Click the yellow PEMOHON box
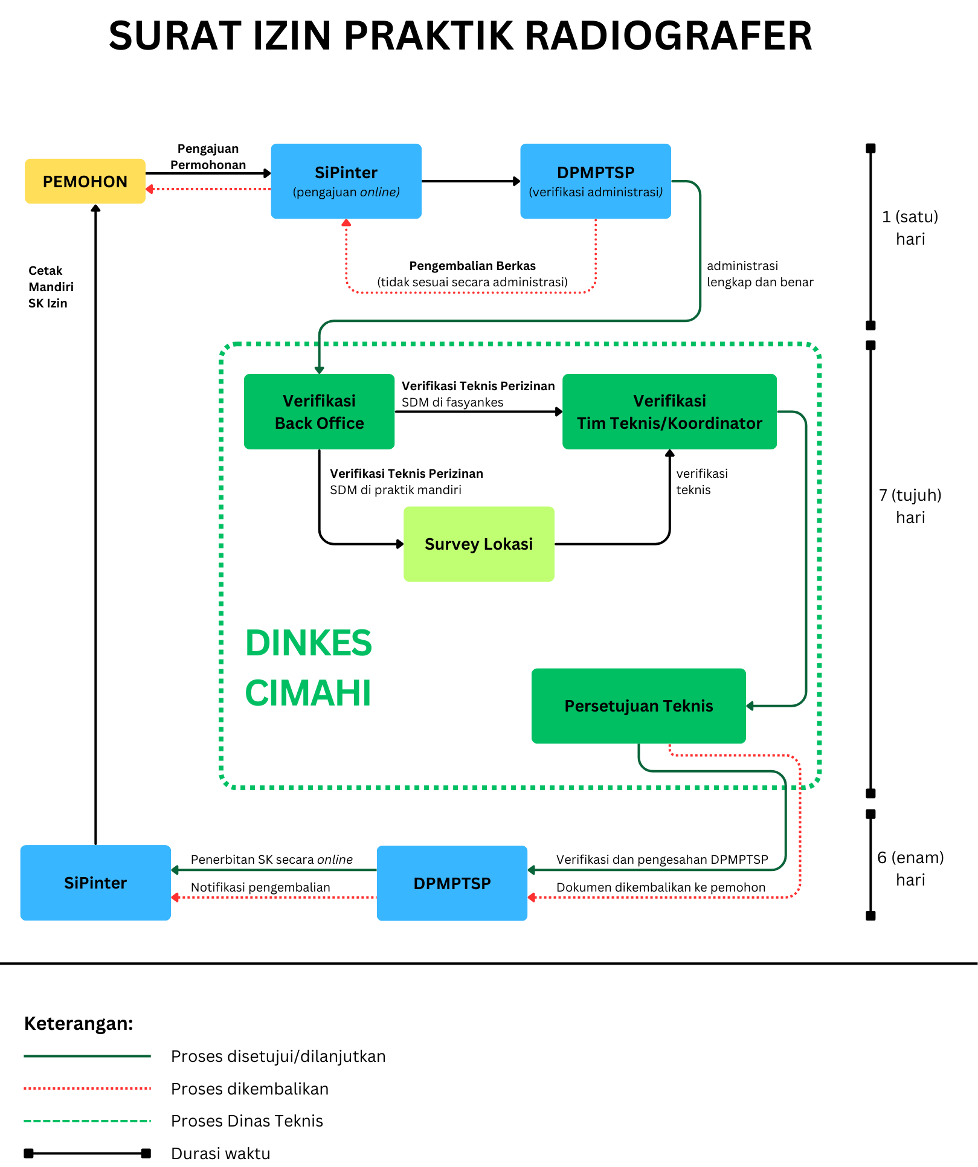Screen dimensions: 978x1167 85,181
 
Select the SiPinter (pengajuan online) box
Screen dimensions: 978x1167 346,181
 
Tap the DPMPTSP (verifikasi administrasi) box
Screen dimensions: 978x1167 596,181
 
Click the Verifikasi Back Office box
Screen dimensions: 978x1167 319,411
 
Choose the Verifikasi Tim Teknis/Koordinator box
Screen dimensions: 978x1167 669,411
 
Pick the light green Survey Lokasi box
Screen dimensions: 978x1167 479,544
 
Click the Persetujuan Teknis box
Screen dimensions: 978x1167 639,706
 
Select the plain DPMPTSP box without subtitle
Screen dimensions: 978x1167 452,883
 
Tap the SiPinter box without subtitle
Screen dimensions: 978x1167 95,882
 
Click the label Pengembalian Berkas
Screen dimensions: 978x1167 472,266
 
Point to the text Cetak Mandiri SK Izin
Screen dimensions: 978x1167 51,287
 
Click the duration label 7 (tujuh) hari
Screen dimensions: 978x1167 910,506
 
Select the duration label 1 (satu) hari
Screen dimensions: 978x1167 910,228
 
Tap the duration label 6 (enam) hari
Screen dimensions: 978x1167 910,869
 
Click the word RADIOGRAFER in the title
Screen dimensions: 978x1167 668,36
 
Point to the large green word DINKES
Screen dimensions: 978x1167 308,643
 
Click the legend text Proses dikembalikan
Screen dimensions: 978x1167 249,1088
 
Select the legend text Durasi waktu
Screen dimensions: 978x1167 220,1153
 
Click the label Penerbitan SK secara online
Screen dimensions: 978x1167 272,860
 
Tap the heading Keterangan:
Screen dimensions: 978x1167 79,1023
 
